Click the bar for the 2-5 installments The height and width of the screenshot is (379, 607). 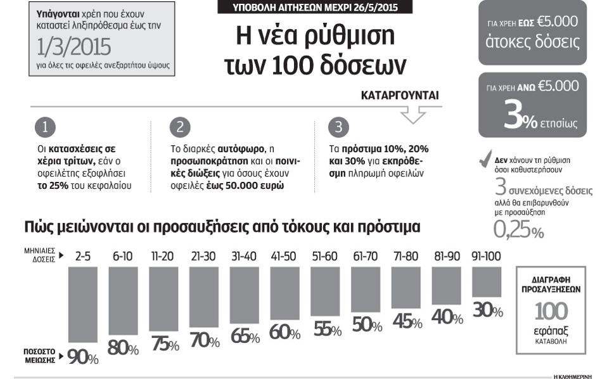tap(83, 305)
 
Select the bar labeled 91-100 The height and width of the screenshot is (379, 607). tap(487, 282)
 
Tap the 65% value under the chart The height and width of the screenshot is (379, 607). tap(245, 336)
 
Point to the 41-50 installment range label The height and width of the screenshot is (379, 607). tap(283, 256)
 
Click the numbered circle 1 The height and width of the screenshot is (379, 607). tap(45, 127)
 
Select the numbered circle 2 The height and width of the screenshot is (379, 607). tap(180, 127)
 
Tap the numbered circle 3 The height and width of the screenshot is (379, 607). tap(338, 127)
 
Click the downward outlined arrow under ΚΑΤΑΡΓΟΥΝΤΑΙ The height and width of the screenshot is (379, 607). tap(413, 115)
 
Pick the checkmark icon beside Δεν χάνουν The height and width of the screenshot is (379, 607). tap(485, 158)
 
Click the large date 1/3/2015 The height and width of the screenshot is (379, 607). tap(74, 47)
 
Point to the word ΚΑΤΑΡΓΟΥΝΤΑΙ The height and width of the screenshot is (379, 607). tap(400, 95)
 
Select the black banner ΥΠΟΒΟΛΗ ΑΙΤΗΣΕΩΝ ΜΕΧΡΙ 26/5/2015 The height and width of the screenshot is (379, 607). tap(315, 7)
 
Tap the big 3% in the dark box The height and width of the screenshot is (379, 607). tap(520, 117)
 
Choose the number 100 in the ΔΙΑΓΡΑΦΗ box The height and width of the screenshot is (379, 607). tap(551, 311)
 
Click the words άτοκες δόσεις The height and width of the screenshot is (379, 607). tap(533, 42)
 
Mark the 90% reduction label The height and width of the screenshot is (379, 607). tap(83, 357)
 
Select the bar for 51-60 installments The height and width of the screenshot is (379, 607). tap(325, 291)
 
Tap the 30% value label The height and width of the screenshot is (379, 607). tap(488, 311)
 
